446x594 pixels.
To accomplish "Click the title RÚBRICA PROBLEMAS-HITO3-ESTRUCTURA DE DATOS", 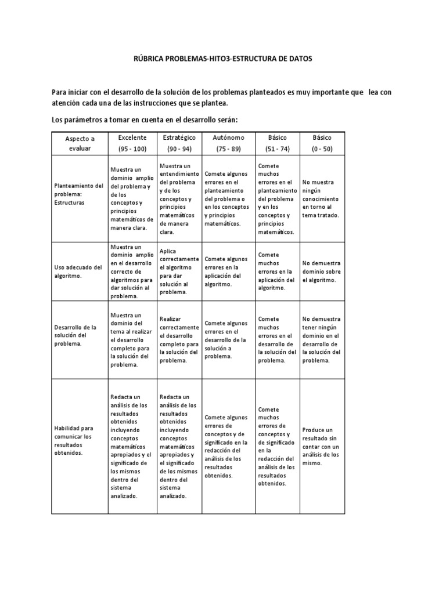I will click(x=222, y=59).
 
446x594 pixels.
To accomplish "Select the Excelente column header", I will click(x=132, y=137).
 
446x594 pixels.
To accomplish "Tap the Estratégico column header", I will click(x=179, y=137).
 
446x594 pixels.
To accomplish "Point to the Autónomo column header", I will click(x=228, y=137).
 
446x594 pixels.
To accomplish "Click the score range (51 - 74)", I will click(x=276, y=149).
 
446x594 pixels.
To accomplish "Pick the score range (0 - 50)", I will click(x=322, y=149).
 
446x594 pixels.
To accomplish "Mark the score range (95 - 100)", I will click(x=132, y=149).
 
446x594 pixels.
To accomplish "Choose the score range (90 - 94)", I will click(x=179, y=149).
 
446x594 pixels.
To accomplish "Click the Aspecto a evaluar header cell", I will click(x=80, y=144).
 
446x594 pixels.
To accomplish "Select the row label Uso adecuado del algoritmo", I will click(x=77, y=271).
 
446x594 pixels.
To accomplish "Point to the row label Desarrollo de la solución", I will click(x=75, y=335).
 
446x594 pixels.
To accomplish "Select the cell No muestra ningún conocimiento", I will click(x=321, y=198).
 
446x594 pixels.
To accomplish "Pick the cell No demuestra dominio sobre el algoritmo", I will click(x=322, y=271).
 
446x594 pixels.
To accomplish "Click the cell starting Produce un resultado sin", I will click(x=321, y=447).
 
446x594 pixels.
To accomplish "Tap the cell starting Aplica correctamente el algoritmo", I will click(x=179, y=271).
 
